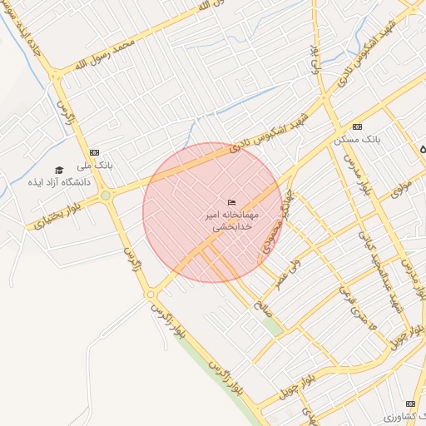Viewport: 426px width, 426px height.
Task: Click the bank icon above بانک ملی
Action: tap(94, 152)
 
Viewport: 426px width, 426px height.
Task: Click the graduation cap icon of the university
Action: tap(58, 170)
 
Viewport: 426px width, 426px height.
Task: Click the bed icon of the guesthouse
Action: tap(232, 203)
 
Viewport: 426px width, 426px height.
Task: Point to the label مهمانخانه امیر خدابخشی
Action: tap(232, 220)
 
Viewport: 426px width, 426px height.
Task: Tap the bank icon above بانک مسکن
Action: tap(357, 126)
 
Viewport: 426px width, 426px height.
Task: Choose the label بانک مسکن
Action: tap(357, 139)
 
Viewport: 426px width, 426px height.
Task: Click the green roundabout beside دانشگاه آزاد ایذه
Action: tap(105, 196)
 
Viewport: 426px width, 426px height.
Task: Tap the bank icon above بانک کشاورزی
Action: tap(409, 403)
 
